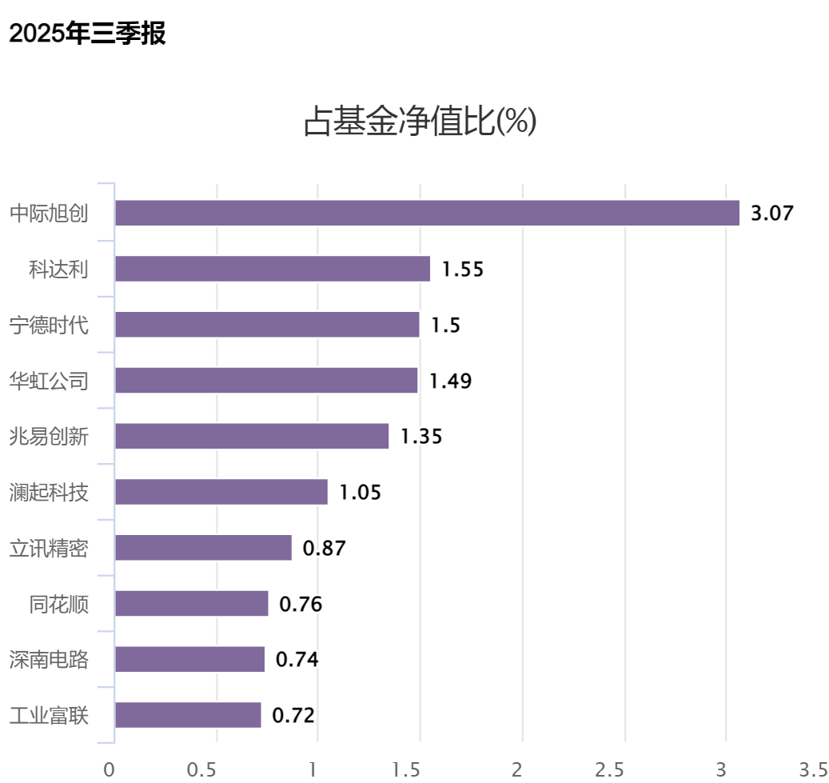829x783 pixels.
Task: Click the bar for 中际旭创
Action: click(427, 213)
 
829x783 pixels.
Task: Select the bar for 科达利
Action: click(273, 269)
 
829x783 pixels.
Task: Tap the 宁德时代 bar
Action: click(267, 325)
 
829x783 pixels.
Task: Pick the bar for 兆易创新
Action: click(252, 436)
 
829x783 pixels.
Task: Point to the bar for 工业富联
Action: click(188, 715)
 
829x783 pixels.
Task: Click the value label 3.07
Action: click(771, 214)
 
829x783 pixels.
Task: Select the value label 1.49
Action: click(451, 381)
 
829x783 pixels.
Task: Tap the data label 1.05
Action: click(361, 493)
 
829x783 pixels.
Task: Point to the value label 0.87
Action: click(324, 549)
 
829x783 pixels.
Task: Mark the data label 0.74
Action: click(297, 660)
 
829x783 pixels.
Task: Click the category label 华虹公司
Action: click(49, 381)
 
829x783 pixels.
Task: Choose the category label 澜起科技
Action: click(49, 493)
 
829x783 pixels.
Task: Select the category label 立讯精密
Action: click(49, 549)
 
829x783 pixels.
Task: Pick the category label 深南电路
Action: click(49, 660)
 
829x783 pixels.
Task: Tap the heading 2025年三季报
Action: click(87, 34)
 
